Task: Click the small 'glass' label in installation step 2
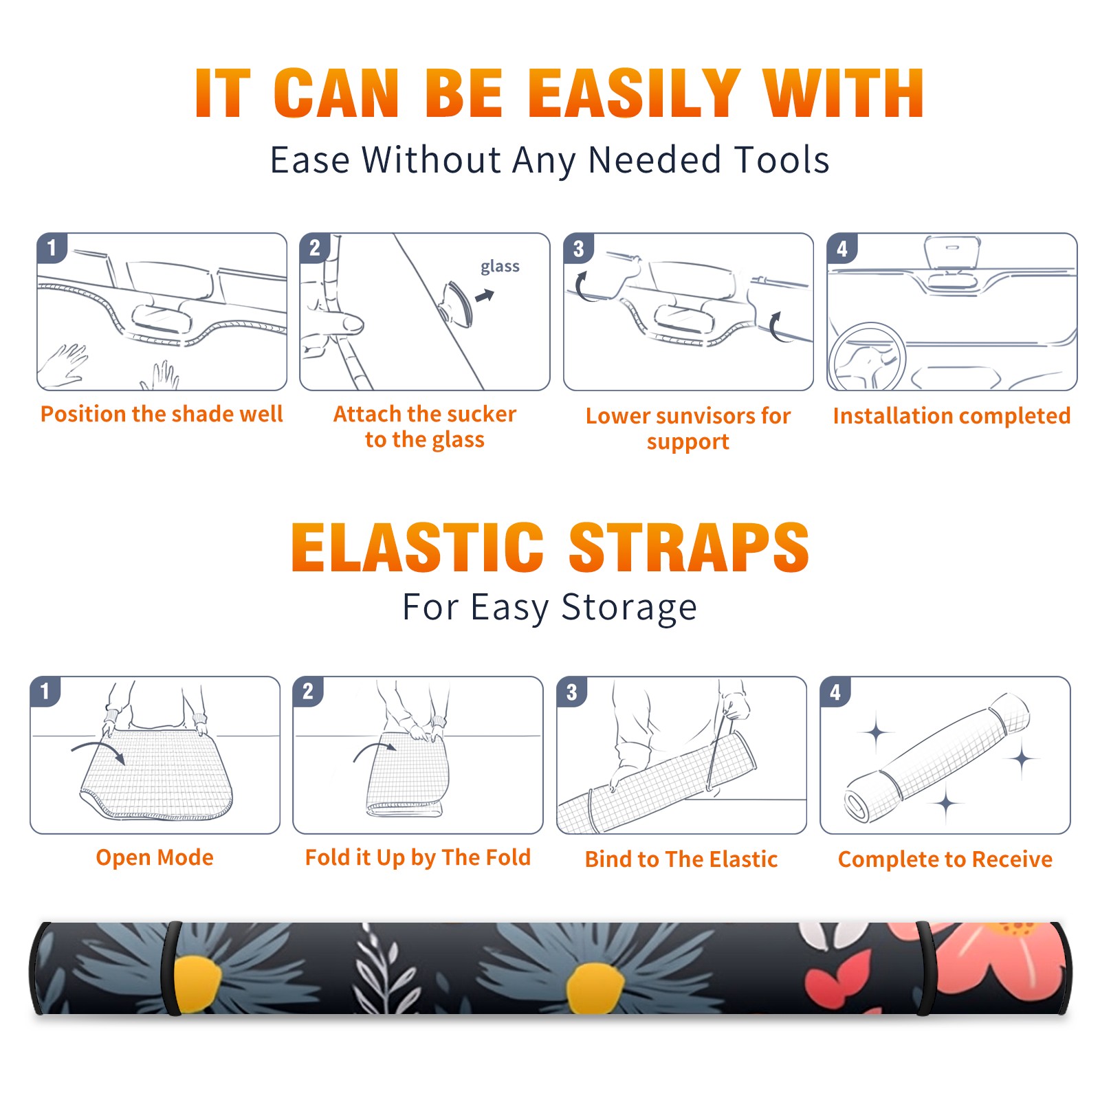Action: point(500,267)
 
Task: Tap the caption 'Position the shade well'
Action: point(162,414)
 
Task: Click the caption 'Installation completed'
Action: point(951,416)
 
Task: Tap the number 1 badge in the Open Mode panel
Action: point(45,692)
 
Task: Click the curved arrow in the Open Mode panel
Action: point(98,748)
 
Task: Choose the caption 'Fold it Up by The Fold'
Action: point(418,857)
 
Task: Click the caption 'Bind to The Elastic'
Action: point(681,859)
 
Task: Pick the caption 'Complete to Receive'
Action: point(945,859)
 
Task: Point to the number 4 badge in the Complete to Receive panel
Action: point(835,692)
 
